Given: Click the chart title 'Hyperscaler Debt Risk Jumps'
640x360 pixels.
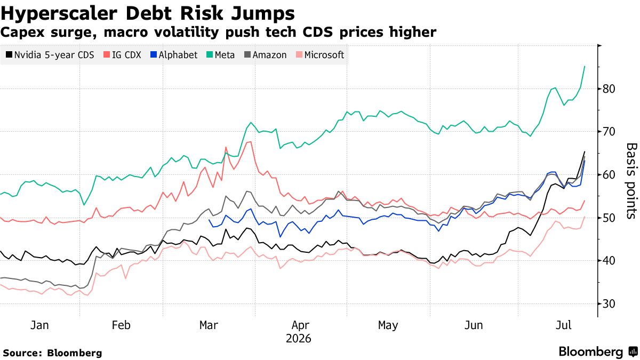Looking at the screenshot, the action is [147, 13].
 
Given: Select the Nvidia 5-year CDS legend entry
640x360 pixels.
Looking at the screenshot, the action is [50, 55].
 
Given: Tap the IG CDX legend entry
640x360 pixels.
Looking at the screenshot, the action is [122, 55].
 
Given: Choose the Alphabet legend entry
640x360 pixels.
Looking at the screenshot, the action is [174, 55].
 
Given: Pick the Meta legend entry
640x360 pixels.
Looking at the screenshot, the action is [221, 55].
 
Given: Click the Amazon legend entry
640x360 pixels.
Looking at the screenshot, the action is [266, 55].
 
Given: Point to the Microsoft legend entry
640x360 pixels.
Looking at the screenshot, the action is [320, 55].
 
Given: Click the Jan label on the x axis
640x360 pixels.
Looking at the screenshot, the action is [39, 325].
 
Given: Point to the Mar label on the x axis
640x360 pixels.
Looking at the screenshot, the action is [209, 325].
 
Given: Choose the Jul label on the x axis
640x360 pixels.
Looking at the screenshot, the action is [564, 325].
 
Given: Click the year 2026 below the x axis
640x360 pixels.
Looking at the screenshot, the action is [298, 339].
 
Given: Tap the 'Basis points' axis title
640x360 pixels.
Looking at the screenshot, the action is [631, 181].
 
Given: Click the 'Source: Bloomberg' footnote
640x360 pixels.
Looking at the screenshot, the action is [53, 353].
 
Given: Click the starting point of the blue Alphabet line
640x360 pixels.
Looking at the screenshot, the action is [210, 220].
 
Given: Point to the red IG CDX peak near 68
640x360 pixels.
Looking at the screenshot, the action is [251, 142].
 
